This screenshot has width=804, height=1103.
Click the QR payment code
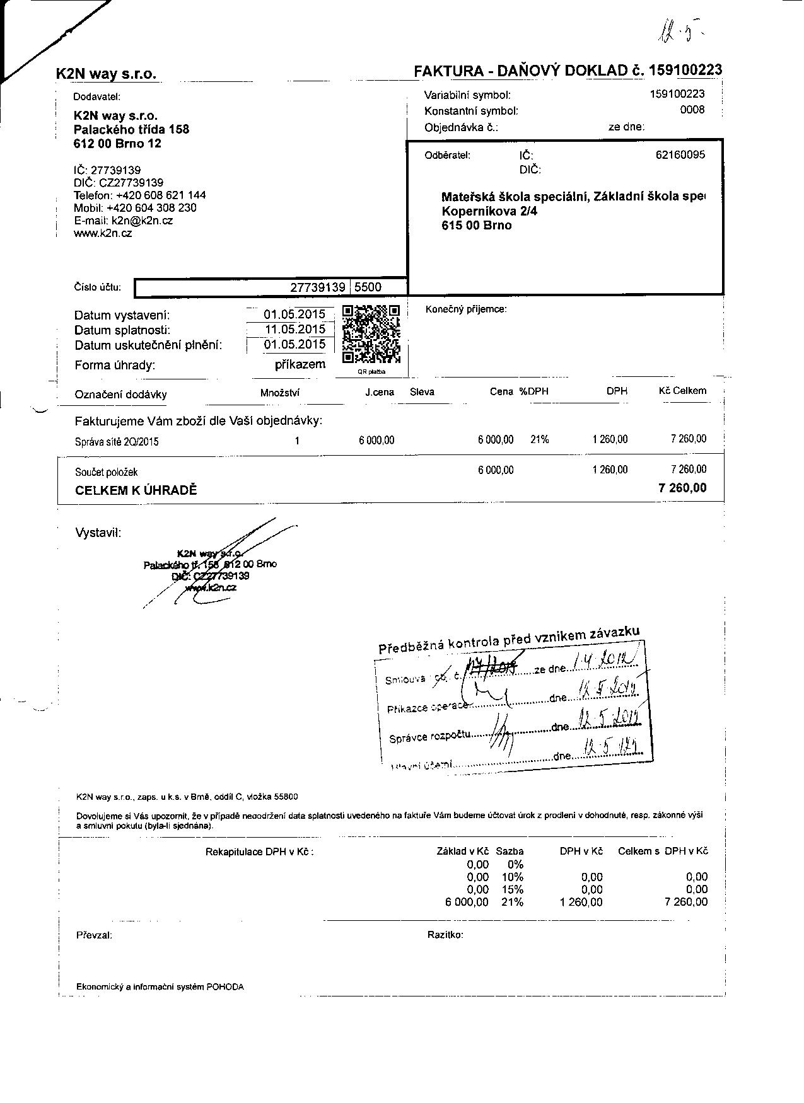coord(371,334)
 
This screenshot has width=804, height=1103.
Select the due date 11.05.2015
coord(294,329)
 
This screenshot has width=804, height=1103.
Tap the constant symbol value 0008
coord(692,110)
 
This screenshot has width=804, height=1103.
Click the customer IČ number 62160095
coord(680,155)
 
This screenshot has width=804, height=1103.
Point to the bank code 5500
coord(368,287)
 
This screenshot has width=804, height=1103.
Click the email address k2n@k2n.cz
coord(142,221)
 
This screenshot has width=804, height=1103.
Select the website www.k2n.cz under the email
coord(103,233)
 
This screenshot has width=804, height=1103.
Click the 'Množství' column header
coord(280,393)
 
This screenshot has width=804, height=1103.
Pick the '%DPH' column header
coord(533,391)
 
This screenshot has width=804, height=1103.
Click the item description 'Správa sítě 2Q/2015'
coord(117,441)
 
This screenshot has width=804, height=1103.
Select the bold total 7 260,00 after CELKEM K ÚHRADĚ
coord(682,488)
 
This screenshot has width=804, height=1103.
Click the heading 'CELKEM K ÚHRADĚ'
coord(136,490)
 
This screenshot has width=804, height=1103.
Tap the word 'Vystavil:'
coord(98,533)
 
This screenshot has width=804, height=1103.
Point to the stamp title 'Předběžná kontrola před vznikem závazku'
coord(509,640)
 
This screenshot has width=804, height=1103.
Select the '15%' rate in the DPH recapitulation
coord(512,889)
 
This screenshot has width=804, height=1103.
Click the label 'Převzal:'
coord(95,935)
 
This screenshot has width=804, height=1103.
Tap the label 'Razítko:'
coord(445,935)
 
